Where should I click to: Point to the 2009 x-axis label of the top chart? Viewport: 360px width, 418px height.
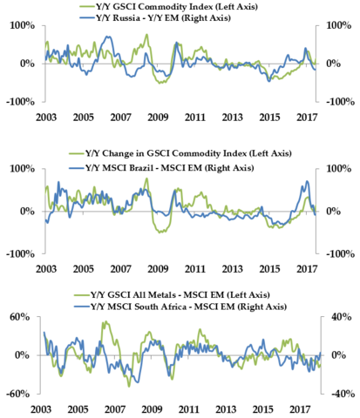(x=158, y=118)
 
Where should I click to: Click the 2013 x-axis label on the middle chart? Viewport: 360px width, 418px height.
(x=232, y=269)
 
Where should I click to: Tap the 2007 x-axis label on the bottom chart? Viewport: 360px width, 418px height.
(x=115, y=409)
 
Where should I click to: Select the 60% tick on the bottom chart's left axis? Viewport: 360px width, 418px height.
(x=20, y=317)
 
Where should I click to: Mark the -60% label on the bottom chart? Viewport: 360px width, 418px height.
(x=18, y=394)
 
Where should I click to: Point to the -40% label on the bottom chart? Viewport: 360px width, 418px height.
(x=340, y=394)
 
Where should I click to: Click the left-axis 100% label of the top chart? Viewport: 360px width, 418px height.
(x=23, y=25)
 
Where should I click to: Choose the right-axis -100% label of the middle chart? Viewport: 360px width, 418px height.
(x=341, y=254)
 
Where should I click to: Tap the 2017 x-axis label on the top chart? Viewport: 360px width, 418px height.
(x=307, y=118)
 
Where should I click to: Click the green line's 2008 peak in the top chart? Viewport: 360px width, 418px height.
(x=147, y=34)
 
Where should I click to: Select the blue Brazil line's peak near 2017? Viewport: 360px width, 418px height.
(x=308, y=181)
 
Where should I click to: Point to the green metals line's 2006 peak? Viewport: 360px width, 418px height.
(x=105, y=321)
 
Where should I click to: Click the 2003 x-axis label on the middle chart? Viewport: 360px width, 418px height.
(x=46, y=269)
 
